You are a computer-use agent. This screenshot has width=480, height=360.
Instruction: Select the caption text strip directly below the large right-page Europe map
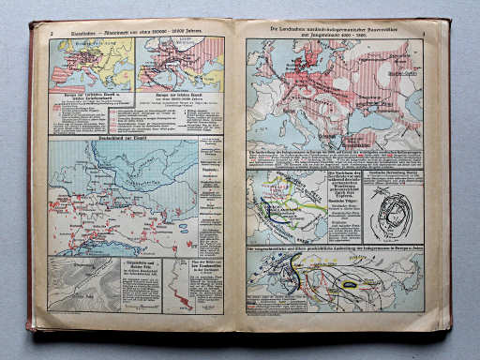pos(334,157)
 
